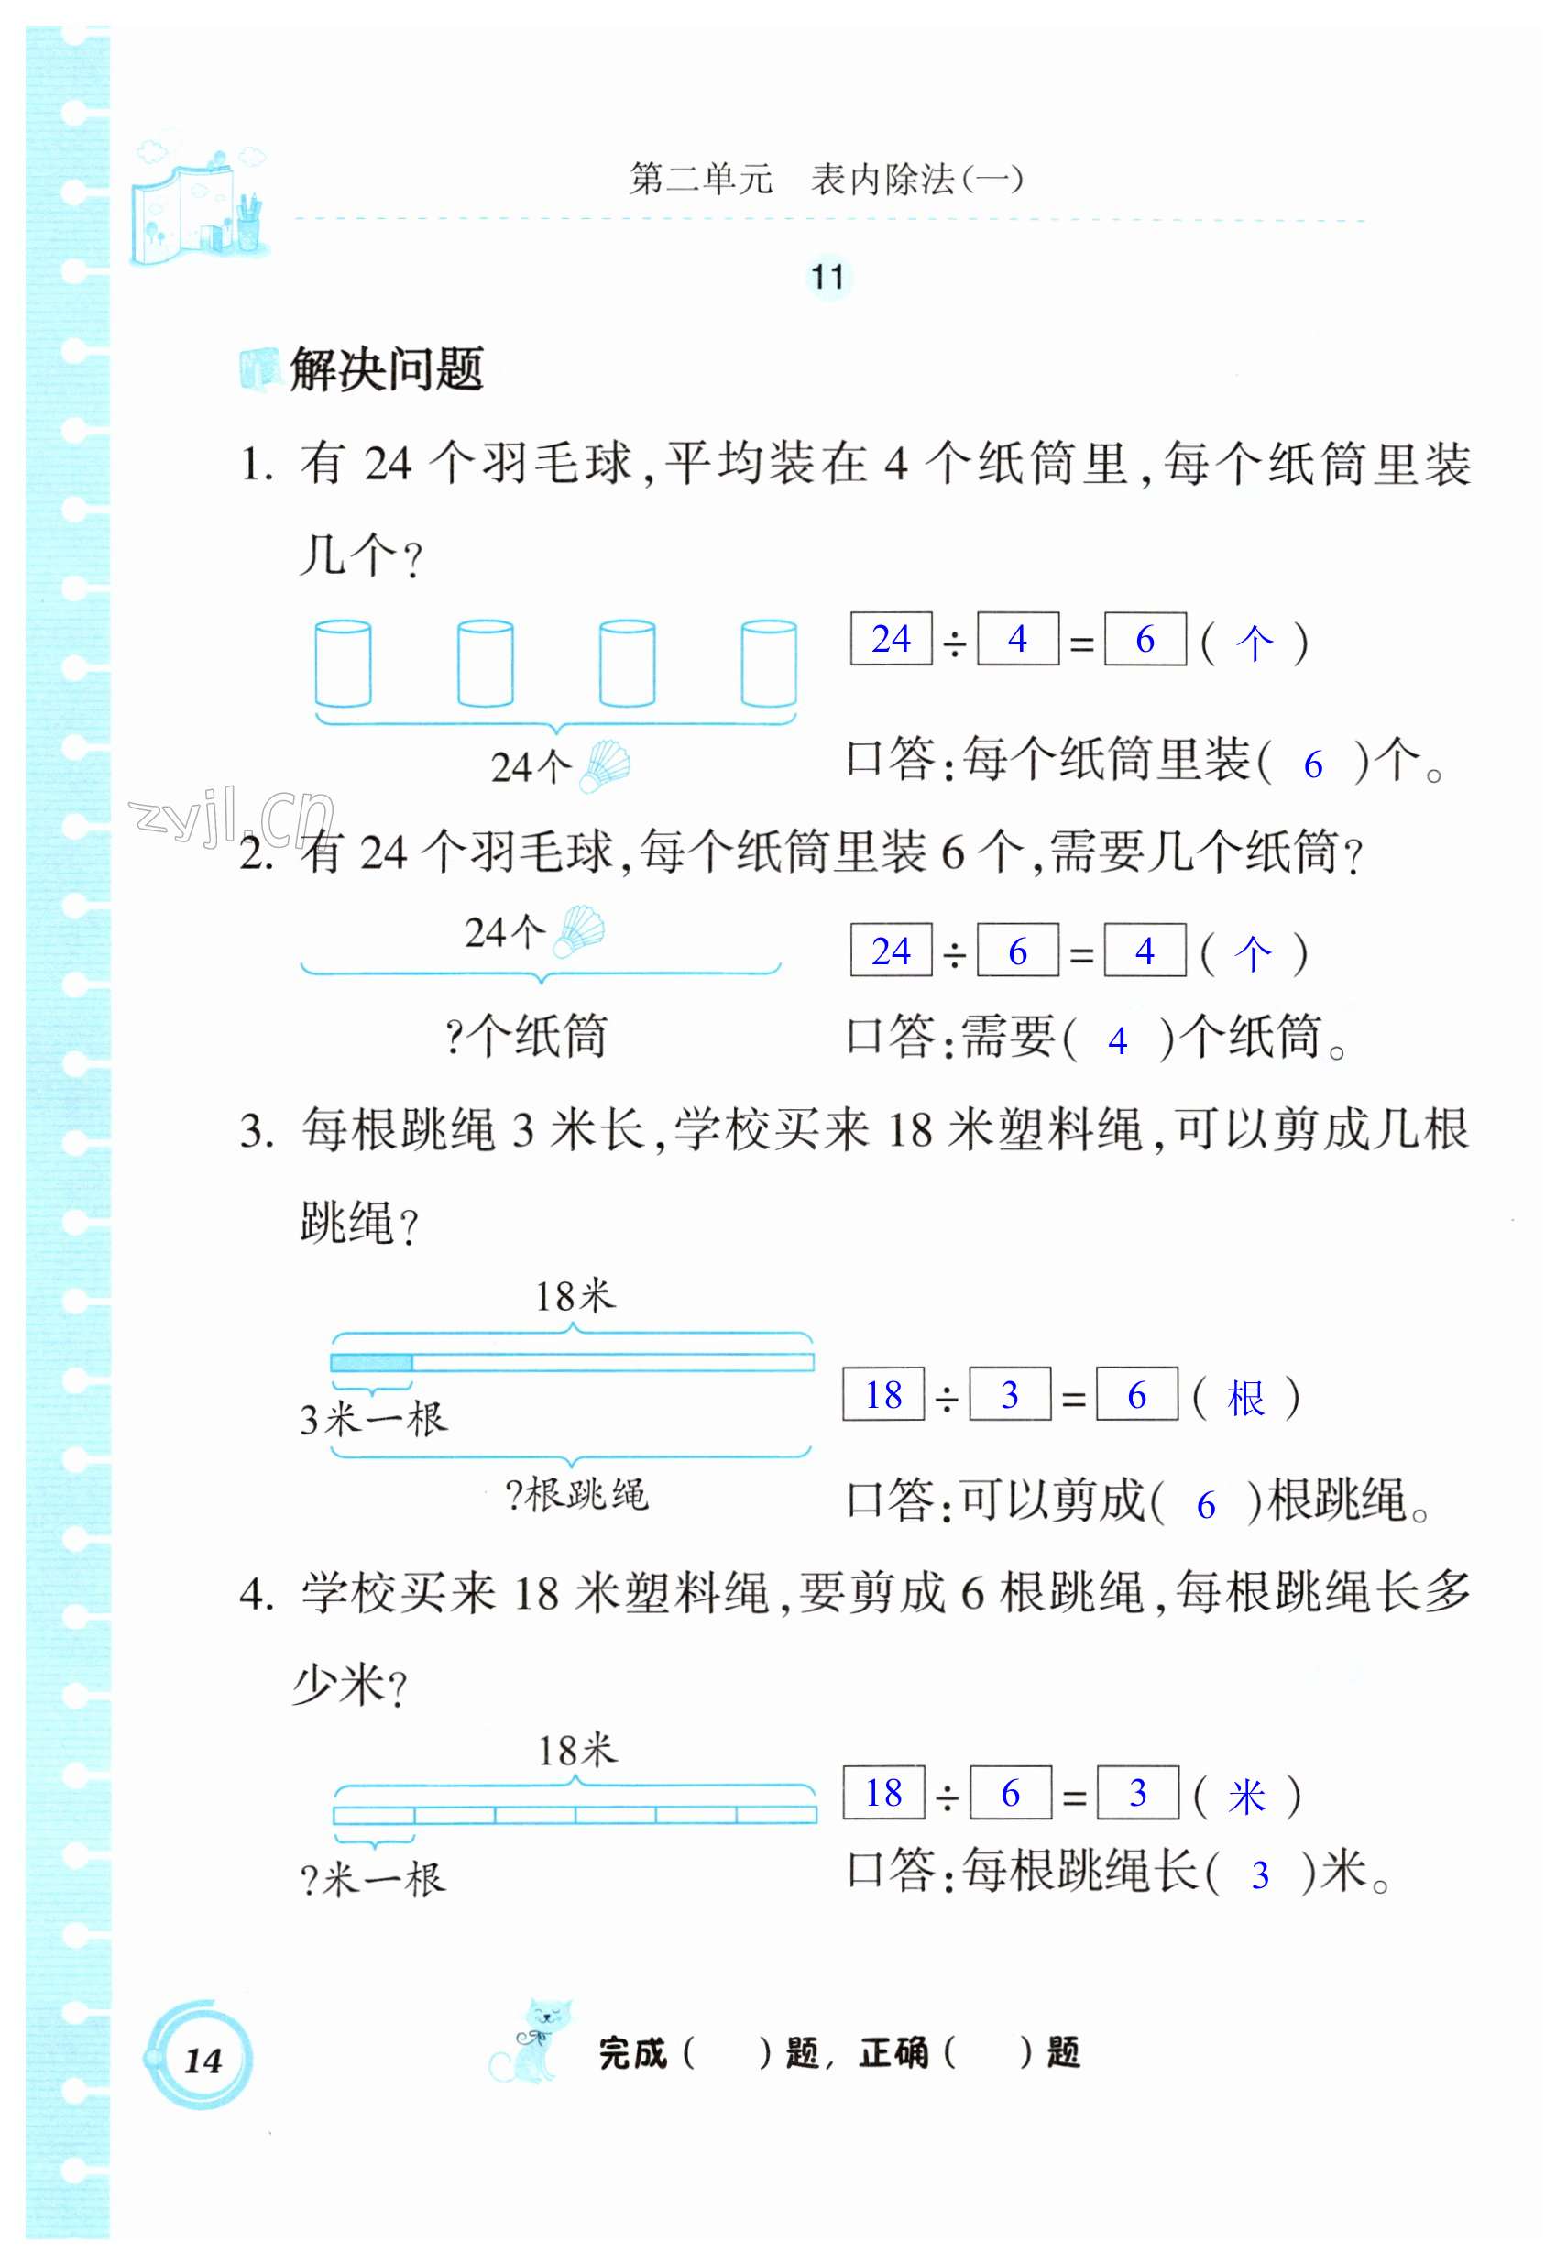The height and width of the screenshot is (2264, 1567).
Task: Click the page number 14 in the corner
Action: pyautogui.click(x=203, y=2059)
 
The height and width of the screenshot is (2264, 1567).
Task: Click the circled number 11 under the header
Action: pyautogui.click(x=827, y=277)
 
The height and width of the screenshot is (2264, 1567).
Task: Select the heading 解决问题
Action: pyautogui.click(x=386, y=370)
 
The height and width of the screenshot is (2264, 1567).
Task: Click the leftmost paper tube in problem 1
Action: pyautogui.click(x=343, y=664)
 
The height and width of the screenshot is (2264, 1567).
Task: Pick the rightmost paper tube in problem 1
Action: pyautogui.click(x=769, y=664)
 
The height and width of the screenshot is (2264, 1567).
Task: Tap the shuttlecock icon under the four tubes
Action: pyautogui.click(x=605, y=765)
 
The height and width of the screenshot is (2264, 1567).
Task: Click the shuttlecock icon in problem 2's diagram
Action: pyautogui.click(x=578, y=930)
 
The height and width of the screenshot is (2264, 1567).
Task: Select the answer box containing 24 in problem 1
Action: pyautogui.click(x=891, y=639)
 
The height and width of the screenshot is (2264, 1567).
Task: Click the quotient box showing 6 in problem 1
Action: pyautogui.click(x=1145, y=639)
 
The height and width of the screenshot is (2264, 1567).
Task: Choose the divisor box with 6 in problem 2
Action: pyautogui.click(x=1017, y=951)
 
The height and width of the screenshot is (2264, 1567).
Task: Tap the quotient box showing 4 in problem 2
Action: pyautogui.click(x=1145, y=951)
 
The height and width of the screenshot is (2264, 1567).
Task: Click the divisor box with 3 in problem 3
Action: pyautogui.click(x=1009, y=1394)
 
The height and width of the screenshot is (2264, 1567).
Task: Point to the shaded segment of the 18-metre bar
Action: pyautogui.click(x=371, y=1363)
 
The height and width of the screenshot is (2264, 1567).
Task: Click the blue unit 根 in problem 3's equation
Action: pyautogui.click(x=1246, y=1397)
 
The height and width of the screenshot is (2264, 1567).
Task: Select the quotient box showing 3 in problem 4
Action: pyautogui.click(x=1137, y=1793)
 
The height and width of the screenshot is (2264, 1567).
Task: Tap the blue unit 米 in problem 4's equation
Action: pyautogui.click(x=1247, y=1796)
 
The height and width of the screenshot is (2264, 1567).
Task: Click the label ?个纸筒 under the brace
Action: pyautogui.click(x=526, y=1037)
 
